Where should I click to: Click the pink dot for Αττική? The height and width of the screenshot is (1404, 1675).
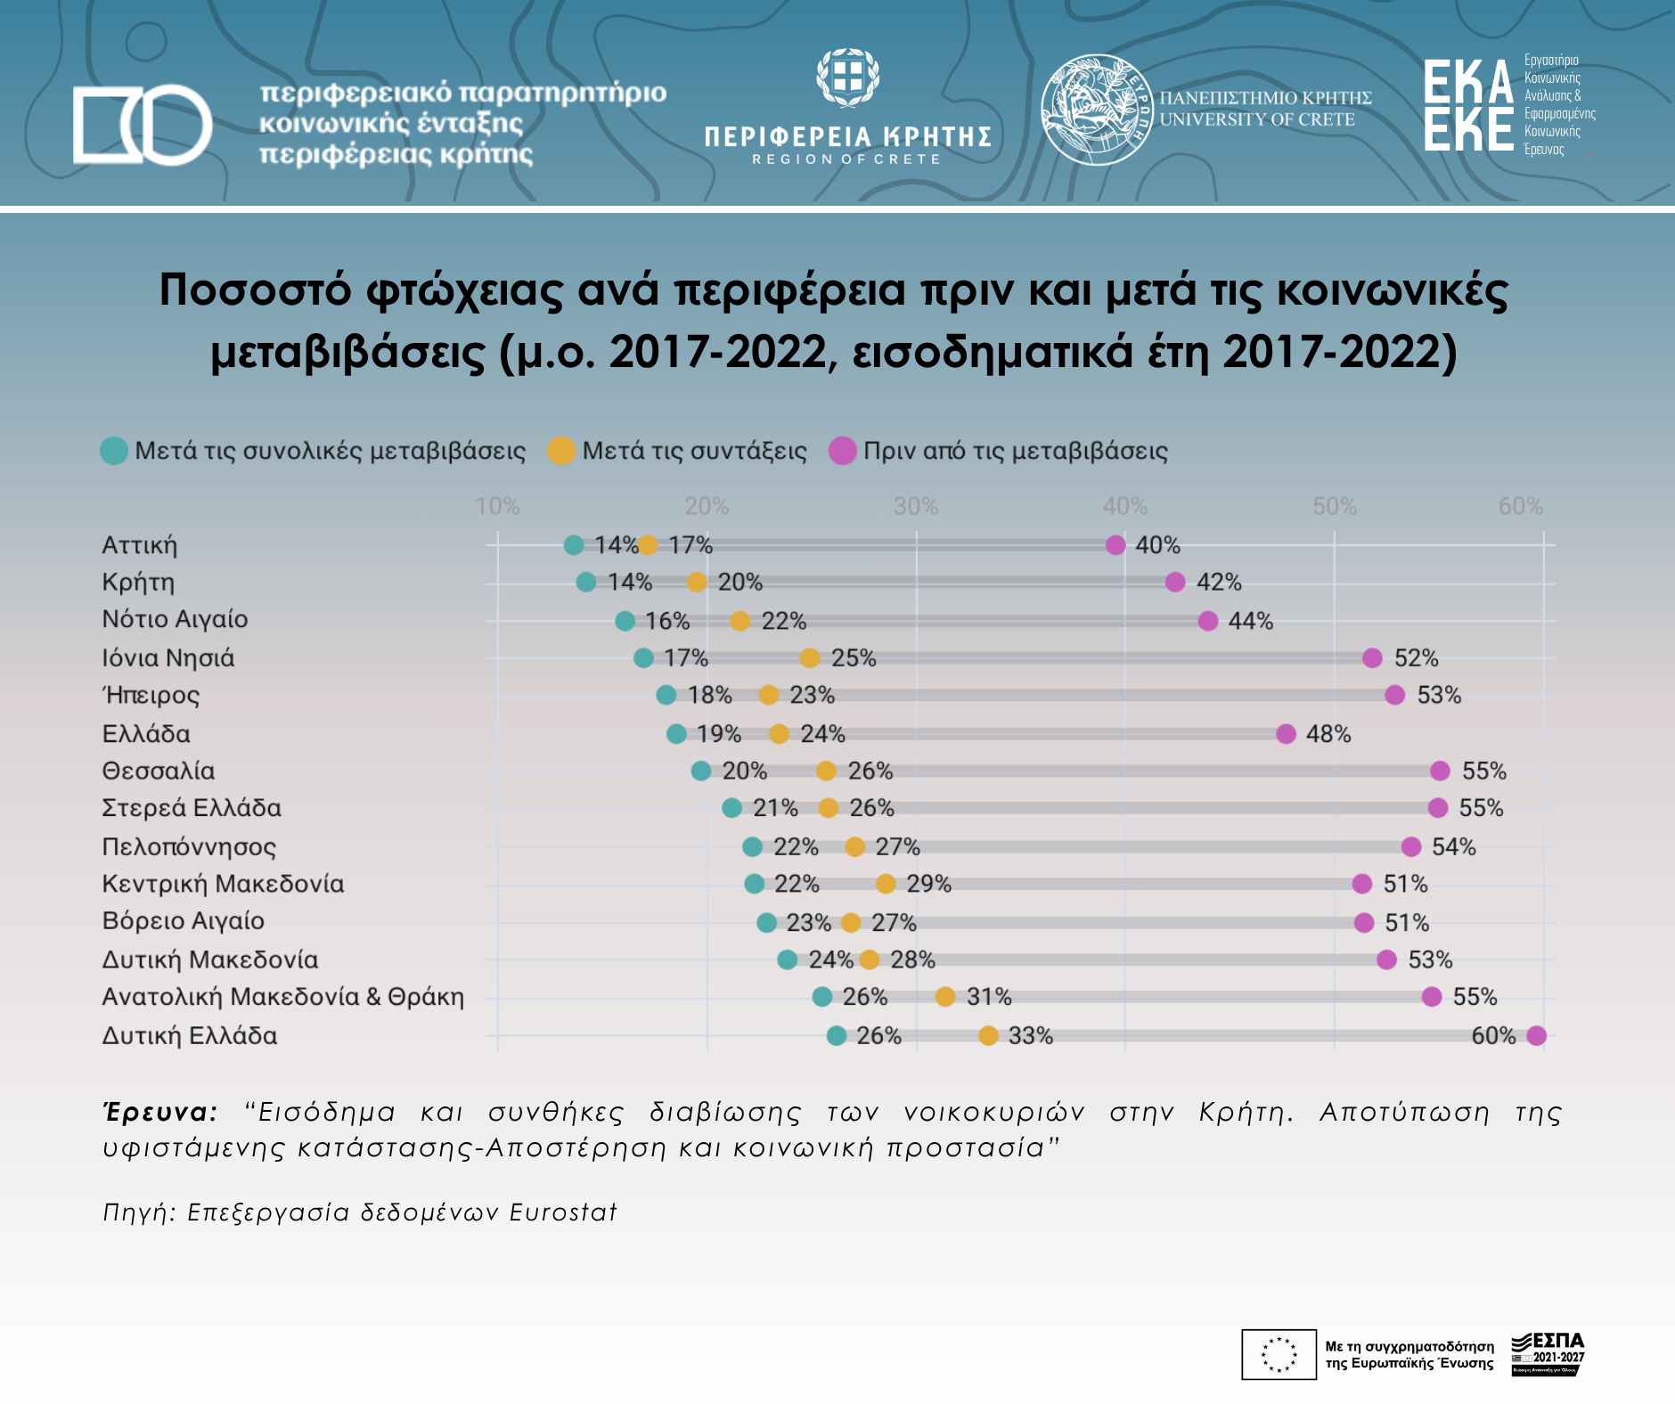(1115, 545)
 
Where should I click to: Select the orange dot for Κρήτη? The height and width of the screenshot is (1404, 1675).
(697, 583)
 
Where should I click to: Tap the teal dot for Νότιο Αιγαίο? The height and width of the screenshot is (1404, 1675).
(625, 621)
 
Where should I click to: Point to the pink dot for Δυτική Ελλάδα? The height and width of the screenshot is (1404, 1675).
(1536, 1035)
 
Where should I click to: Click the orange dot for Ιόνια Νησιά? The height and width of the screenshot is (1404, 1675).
(809, 658)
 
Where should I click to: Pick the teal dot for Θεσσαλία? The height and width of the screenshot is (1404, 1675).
(701, 771)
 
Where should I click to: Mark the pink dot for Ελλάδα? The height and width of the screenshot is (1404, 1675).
(1286, 734)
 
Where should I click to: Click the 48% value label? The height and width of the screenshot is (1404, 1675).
(1328, 734)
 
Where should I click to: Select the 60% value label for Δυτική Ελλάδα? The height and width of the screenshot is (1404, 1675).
(1493, 1035)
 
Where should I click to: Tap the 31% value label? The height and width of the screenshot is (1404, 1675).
(989, 997)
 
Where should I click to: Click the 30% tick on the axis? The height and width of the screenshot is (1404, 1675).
(916, 507)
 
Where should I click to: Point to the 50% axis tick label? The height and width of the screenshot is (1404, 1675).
(1334, 507)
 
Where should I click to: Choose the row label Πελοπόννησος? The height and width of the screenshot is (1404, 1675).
(189, 846)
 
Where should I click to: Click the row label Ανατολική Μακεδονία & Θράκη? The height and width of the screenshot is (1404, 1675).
(283, 997)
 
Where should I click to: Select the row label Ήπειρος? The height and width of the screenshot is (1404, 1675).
(151, 695)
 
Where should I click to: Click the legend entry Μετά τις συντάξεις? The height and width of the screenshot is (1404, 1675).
(678, 451)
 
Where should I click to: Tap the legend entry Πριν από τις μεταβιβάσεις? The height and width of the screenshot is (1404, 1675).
(999, 451)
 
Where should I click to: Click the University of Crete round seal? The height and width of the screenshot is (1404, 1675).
(1097, 110)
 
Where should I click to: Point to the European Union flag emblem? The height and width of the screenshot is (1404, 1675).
(1279, 1354)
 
